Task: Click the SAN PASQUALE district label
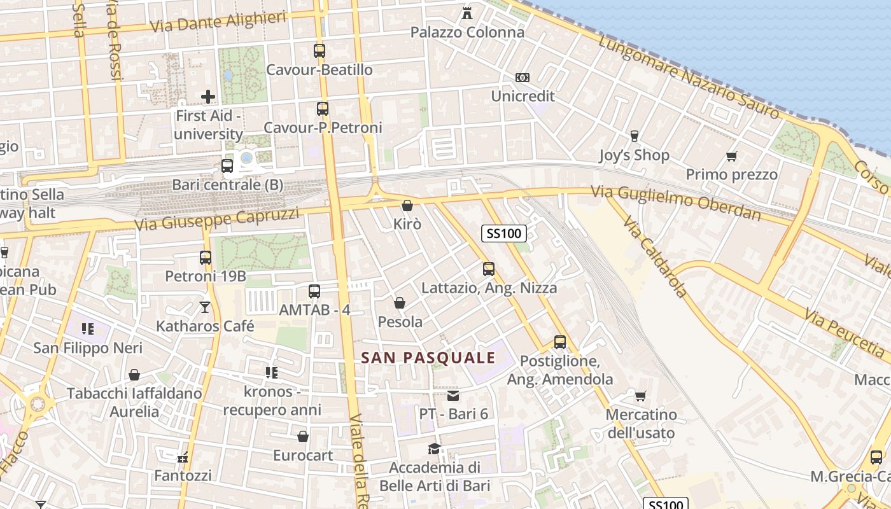click(x=428, y=358)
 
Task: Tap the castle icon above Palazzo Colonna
click(x=467, y=13)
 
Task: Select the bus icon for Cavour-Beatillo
click(x=319, y=51)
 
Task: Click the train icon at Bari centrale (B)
click(x=227, y=166)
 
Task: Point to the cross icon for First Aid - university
click(x=208, y=97)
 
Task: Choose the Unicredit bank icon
click(x=523, y=78)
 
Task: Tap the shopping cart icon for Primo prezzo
click(x=732, y=156)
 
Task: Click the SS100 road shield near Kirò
click(x=503, y=234)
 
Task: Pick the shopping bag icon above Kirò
click(x=407, y=206)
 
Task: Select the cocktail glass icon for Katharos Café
click(x=205, y=307)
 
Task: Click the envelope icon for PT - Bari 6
click(x=453, y=396)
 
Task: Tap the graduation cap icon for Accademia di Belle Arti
click(x=434, y=449)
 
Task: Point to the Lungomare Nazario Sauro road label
click(x=689, y=76)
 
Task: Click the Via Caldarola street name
click(x=656, y=257)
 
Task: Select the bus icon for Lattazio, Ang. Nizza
click(x=489, y=269)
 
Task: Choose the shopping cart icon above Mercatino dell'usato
click(x=641, y=396)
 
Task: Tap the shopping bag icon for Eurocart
click(x=303, y=436)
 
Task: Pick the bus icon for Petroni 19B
click(x=206, y=258)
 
